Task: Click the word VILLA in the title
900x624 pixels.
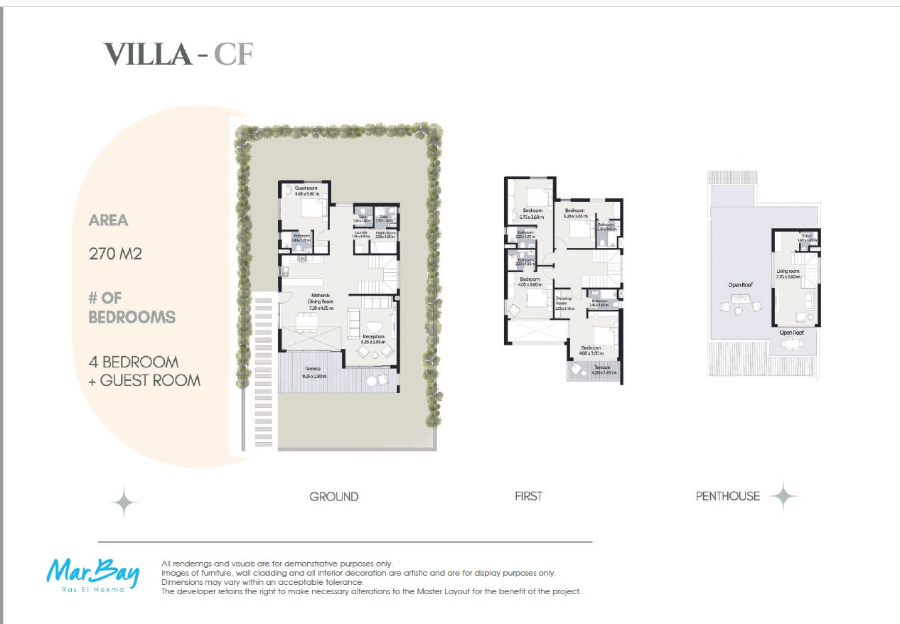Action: tap(147, 54)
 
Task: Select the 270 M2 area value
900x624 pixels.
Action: tap(115, 253)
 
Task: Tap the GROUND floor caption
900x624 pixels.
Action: tap(333, 497)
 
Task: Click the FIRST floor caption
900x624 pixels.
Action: tap(528, 496)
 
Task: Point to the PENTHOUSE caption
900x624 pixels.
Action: tap(727, 496)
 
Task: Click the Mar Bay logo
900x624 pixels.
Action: tap(93, 574)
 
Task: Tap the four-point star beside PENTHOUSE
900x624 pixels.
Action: tap(783, 496)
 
